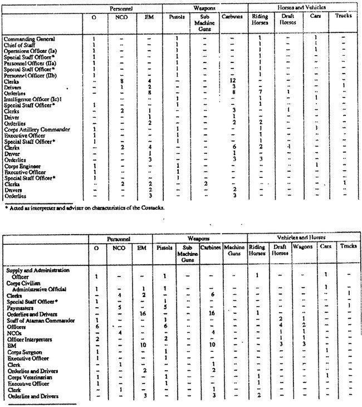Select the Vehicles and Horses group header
(304, 239)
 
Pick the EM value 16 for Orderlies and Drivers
(143, 313)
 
